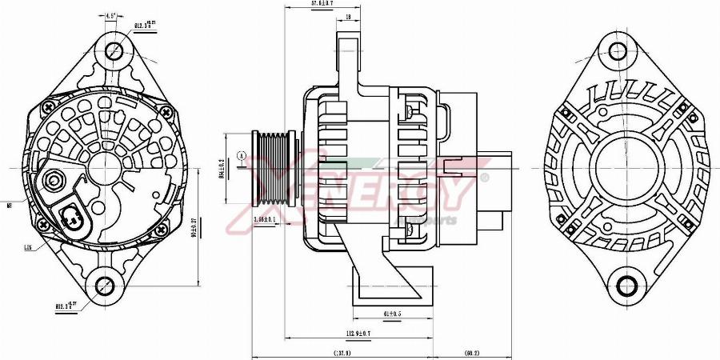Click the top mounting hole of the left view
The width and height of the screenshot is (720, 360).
point(114,50)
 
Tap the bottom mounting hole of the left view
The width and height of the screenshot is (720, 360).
point(104,285)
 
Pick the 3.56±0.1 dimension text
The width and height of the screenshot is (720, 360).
point(265,218)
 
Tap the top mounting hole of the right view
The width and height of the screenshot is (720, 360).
point(618,50)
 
